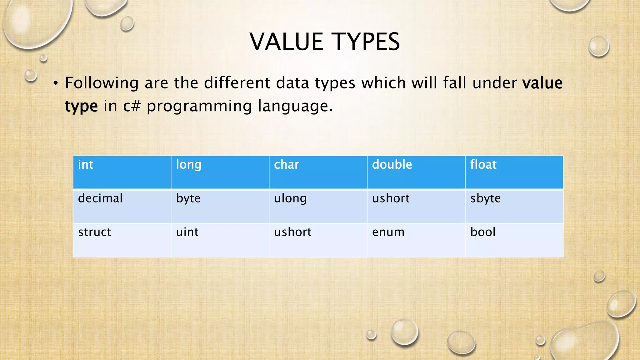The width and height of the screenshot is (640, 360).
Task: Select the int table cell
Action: (x=122, y=172)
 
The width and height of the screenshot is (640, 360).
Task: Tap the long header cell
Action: (x=220, y=172)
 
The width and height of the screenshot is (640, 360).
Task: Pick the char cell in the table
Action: (x=318, y=172)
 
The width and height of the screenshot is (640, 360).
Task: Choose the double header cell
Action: (x=416, y=172)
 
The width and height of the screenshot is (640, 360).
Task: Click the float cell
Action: (x=514, y=172)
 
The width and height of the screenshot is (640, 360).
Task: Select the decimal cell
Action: (x=122, y=206)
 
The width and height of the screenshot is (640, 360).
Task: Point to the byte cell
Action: (x=220, y=206)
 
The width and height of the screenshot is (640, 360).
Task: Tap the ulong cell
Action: (x=318, y=206)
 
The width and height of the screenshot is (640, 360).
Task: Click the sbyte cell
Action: (x=514, y=206)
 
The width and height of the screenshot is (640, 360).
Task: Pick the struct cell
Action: (x=122, y=240)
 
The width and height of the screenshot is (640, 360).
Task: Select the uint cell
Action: (x=220, y=240)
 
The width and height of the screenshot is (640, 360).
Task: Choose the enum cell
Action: (x=416, y=240)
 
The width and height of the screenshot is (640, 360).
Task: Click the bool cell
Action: (x=514, y=240)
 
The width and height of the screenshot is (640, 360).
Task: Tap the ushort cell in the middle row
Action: (x=416, y=206)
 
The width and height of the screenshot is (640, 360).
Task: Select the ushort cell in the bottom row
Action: (x=318, y=240)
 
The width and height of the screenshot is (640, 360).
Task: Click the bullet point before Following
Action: (x=56, y=83)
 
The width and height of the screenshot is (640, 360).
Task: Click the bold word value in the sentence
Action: (x=542, y=83)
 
